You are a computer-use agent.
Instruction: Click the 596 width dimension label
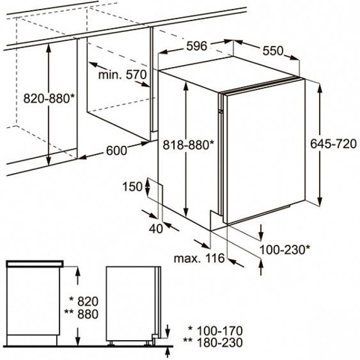point(197,46)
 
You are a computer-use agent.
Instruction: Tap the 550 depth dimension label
point(273,51)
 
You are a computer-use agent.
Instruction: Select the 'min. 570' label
point(122,75)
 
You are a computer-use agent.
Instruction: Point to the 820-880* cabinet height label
point(49,99)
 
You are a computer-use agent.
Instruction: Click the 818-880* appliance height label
point(188,145)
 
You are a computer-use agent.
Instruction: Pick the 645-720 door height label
point(333,144)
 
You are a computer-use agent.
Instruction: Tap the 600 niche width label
point(117,151)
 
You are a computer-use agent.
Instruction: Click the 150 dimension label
point(132,187)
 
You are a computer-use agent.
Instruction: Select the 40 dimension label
point(156,229)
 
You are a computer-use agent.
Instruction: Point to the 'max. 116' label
point(199,258)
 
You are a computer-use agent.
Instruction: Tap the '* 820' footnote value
point(84,301)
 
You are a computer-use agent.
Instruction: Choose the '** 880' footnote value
point(81,314)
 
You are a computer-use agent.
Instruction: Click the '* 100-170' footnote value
point(216,331)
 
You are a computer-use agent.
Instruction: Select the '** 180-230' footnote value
point(213,342)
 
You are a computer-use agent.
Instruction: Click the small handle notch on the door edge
point(221,111)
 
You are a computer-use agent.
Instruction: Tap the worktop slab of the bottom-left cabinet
point(35,264)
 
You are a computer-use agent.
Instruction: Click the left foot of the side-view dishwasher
point(111,343)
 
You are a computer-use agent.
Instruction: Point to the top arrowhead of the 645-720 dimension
point(319,89)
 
